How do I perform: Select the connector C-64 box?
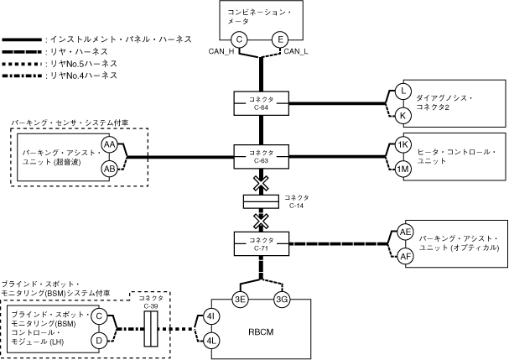[261, 102]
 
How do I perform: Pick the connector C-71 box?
[261, 244]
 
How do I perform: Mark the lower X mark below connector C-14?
[261, 221]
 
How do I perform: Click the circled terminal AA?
[110, 145]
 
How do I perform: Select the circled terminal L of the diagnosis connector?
[403, 91]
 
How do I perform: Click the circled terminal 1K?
[403, 145]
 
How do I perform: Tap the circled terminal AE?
[406, 232]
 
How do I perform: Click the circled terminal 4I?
[211, 316]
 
